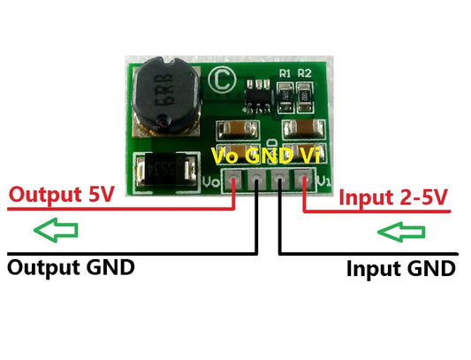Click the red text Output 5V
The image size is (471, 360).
[x=56, y=195]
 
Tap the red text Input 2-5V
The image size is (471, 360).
[x=395, y=195]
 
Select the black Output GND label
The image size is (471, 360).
[x=71, y=266]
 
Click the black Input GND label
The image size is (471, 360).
[x=400, y=267]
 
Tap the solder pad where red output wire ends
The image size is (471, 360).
[x=233, y=183]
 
